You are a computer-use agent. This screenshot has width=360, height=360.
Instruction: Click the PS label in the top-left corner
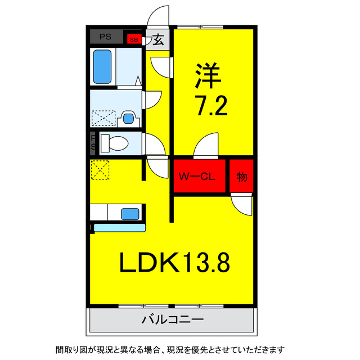[x=105, y=37]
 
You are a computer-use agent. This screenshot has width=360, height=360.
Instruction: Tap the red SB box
[x=133, y=39]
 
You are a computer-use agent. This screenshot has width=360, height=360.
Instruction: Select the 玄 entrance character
[x=159, y=40]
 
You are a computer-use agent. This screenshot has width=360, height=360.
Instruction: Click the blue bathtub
[x=102, y=66]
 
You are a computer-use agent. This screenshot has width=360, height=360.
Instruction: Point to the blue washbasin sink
[x=128, y=118]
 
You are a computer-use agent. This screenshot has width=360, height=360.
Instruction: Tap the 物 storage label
[x=241, y=177]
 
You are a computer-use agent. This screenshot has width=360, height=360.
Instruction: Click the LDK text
[x=148, y=262]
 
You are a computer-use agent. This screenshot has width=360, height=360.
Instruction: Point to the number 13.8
[x=204, y=262]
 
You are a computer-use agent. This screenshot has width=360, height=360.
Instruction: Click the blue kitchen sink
[x=130, y=214]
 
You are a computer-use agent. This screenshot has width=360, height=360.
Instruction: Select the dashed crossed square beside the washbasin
[x=103, y=118]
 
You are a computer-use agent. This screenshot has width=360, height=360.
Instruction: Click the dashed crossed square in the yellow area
[x=100, y=170]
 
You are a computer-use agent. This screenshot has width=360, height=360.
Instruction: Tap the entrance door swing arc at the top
[x=159, y=16]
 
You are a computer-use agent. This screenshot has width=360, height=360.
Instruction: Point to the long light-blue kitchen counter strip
[x=119, y=227]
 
